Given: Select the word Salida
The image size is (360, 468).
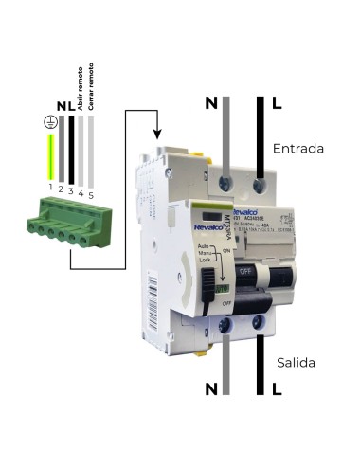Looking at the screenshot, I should [x=295, y=363].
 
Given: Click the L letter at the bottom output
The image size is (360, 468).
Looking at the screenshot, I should [x=276, y=388].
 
